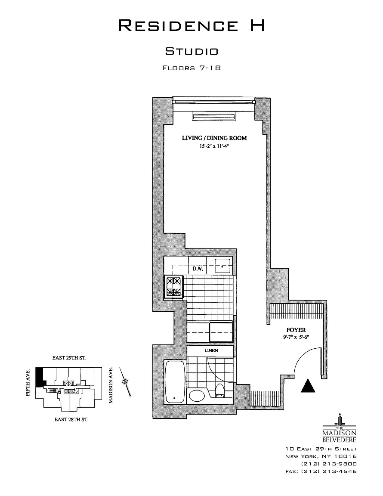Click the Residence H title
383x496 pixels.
click(x=191, y=26)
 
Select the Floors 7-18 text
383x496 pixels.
click(x=191, y=68)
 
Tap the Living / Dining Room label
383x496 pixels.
click(x=214, y=138)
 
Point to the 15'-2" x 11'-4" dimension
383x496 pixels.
click(x=214, y=146)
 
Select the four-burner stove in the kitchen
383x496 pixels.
click(x=174, y=287)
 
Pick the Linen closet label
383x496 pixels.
click(x=211, y=350)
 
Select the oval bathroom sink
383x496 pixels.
click(x=197, y=395)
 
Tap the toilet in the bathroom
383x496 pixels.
click(x=219, y=391)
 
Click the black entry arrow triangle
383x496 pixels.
click(x=308, y=385)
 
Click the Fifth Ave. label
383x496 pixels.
click(x=29, y=383)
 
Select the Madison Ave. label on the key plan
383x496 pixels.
click(x=111, y=385)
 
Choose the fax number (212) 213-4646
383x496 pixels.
click(x=321, y=471)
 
